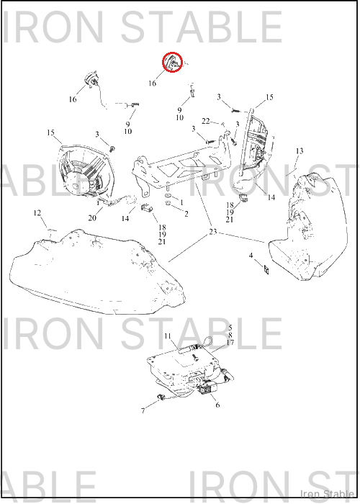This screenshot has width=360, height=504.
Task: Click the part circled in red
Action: tap(172, 62)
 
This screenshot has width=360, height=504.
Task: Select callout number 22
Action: tap(206, 121)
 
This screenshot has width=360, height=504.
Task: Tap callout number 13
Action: tap(300, 150)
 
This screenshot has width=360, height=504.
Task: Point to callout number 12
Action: tap(37, 213)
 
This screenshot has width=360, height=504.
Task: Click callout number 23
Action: tap(213, 231)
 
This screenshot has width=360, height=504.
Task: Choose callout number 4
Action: tap(251, 256)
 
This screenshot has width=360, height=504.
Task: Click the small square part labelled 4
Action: tap(266, 270)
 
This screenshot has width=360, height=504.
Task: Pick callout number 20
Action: tap(92, 218)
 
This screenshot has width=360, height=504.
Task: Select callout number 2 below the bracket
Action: tap(186, 213)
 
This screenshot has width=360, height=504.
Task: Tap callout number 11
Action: tap(168, 336)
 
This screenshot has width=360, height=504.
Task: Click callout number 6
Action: tap(217, 405)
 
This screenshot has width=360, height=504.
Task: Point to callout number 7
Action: tap(143, 410)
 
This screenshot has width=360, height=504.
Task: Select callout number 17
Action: tap(230, 343)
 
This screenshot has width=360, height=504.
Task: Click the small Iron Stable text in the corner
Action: tap(327, 494)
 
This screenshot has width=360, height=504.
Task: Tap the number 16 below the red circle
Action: tap(152, 83)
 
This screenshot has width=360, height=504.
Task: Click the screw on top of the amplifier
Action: tap(195, 357)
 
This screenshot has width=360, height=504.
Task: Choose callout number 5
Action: tap(230, 328)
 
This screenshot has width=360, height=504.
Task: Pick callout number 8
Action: tap(230, 336)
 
